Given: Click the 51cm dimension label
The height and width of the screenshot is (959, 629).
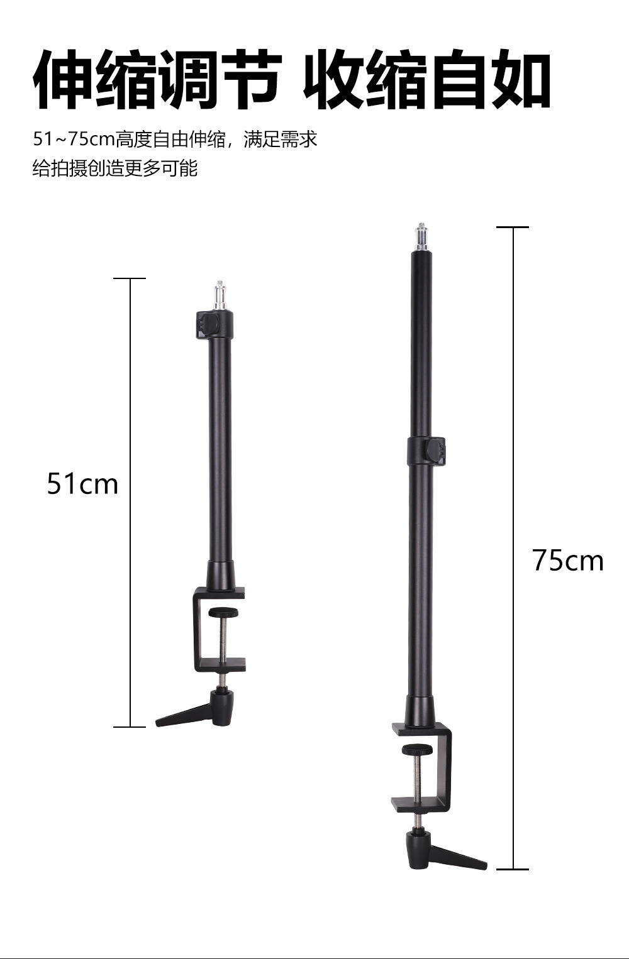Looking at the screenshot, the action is pyautogui.click(x=82, y=484).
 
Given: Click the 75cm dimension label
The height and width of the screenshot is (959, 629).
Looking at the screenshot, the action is pyautogui.click(x=568, y=560).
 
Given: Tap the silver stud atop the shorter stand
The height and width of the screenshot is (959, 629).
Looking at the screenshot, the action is pyautogui.click(x=220, y=296).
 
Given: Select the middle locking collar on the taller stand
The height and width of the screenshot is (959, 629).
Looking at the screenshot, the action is pyautogui.click(x=426, y=452).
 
